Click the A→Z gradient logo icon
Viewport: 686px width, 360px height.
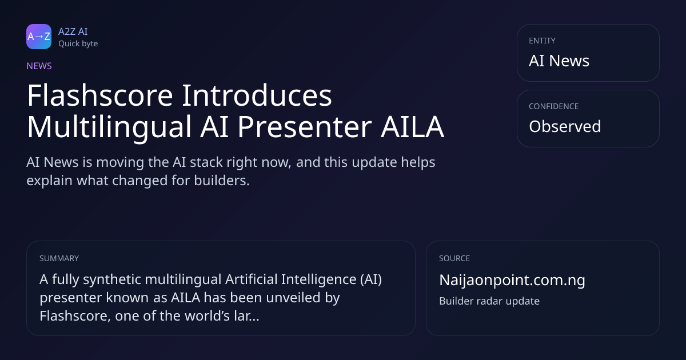pos(39,37)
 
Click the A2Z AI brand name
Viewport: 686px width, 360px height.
pos(73,31)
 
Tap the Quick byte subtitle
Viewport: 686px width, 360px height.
pos(78,44)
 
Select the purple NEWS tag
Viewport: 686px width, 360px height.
pos(39,66)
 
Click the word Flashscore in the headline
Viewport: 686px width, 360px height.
pos(100,95)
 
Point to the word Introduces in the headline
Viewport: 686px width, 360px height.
pos(257,95)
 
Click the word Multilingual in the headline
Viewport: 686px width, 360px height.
pos(109,127)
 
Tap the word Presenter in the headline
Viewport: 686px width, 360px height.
pos(304,127)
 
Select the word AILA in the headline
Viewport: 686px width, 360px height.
pos(412,127)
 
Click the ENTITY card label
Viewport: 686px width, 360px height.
pos(542,41)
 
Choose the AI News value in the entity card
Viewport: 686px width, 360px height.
pos(559,61)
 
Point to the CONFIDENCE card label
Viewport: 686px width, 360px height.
pos(554,106)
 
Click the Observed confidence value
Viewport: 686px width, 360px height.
pos(565,126)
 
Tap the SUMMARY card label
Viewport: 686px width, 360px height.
pos(59,258)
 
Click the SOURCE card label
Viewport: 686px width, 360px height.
pos(454,258)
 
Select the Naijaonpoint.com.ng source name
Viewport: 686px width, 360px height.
pos(512,281)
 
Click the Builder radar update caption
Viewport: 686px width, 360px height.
pos(489,301)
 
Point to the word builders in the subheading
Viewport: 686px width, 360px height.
pos(222,181)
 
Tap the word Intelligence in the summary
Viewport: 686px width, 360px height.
pos(319,279)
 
